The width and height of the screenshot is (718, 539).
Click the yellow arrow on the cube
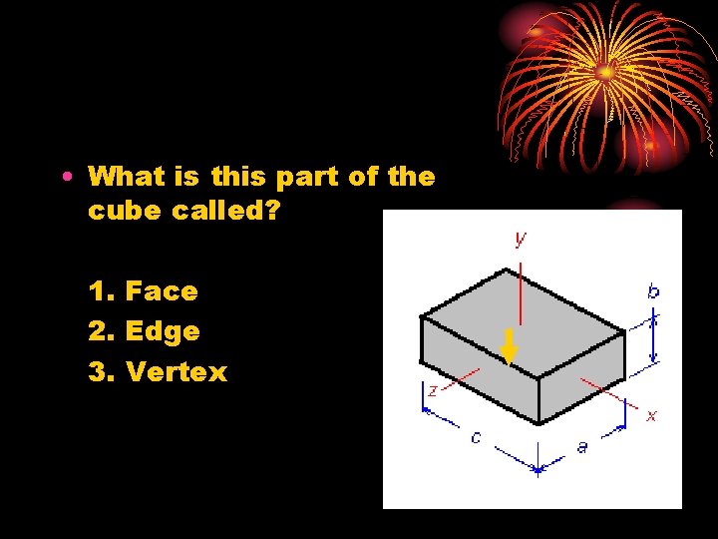(x=509, y=346)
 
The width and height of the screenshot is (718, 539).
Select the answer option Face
(x=162, y=291)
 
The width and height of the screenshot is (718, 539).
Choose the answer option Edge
(x=163, y=331)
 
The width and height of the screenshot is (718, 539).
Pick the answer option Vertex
(x=177, y=372)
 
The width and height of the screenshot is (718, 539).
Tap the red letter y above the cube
(x=521, y=240)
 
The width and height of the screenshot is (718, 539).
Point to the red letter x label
(x=651, y=415)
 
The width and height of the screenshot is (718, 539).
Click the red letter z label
(x=432, y=391)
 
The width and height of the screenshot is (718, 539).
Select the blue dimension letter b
(x=653, y=291)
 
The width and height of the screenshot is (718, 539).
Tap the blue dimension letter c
(x=476, y=436)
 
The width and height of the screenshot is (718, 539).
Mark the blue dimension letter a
(x=582, y=446)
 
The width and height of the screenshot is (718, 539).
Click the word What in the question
(x=126, y=177)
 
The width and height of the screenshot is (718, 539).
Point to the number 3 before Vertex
(x=98, y=372)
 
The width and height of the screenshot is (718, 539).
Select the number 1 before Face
(x=98, y=291)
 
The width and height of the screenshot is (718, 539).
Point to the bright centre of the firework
(x=605, y=71)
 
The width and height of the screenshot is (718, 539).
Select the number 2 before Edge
(x=98, y=331)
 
